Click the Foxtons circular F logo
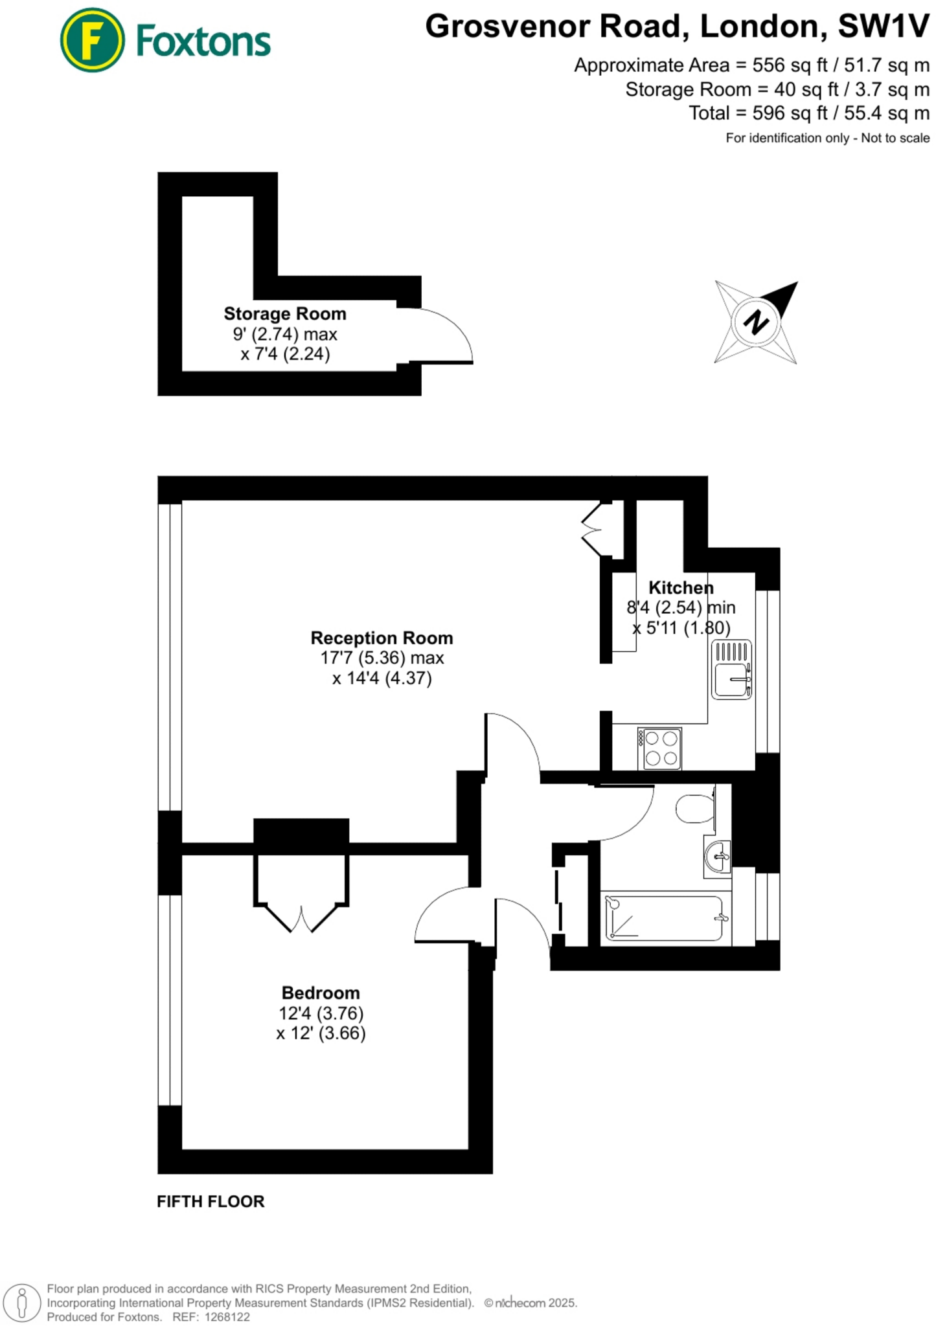click(92, 40)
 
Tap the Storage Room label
click(285, 314)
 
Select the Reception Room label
click(382, 638)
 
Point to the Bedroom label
click(321, 993)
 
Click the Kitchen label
click(681, 588)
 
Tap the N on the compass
click(755, 322)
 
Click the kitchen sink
click(731, 669)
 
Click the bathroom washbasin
click(717, 857)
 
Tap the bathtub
click(665, 918)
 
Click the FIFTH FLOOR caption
click(211, 1202)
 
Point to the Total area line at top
click(809, 113)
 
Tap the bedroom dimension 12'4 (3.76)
click(321, 1013)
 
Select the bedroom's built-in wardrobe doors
click(301, 916)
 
